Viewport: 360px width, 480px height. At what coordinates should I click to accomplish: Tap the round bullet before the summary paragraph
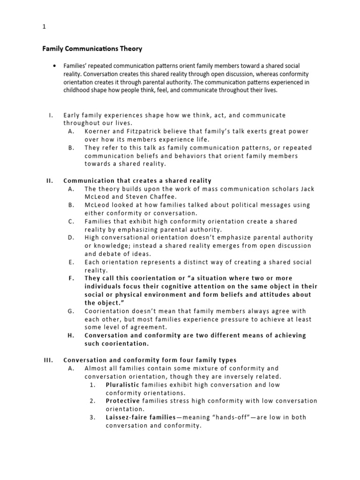pyautogui.click(x=55, y=66)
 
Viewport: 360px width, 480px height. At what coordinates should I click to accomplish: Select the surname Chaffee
pyautogui.click(x=159, y=197)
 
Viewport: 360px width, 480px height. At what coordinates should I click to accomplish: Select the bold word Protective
pyautogui.click(x=123, y=401)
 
